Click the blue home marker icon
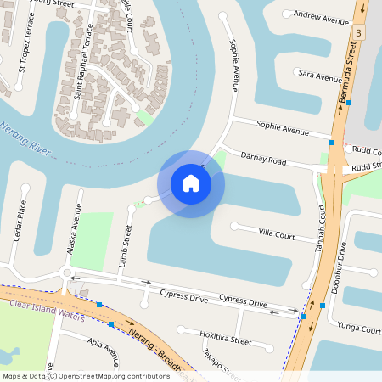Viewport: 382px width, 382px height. tap(191, 183)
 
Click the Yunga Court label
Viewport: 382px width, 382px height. tap(357, 329)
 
